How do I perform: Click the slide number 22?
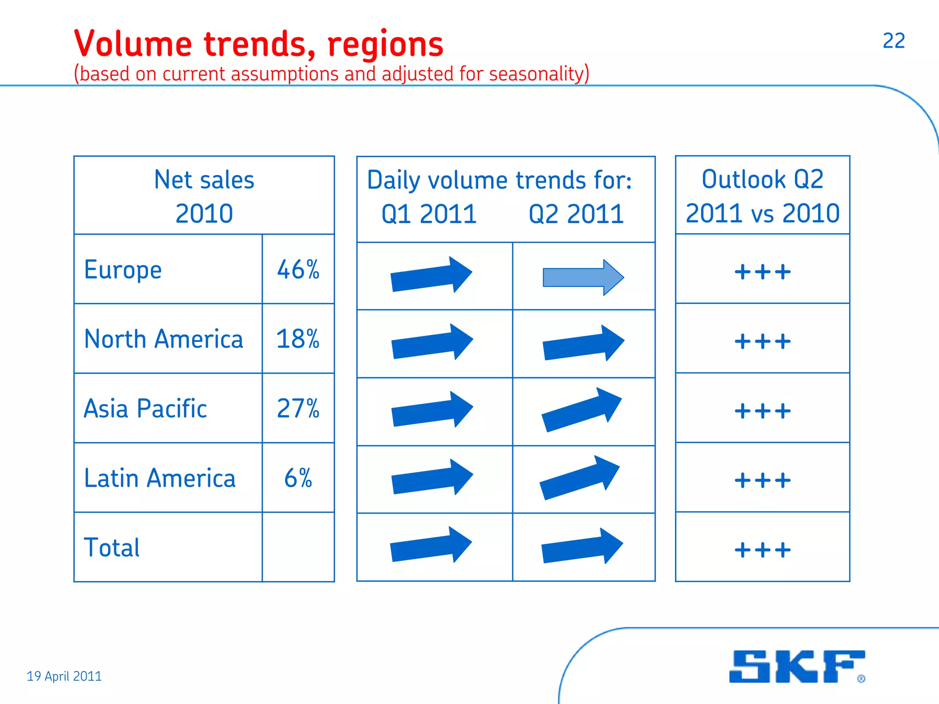pos(894,41)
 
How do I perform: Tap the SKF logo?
pos(796,666)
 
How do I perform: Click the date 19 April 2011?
pos(64,676)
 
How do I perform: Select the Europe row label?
pos(123,269)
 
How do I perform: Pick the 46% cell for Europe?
pos(298,269)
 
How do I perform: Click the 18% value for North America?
pos(298,339)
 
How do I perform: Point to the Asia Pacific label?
pos(145,408)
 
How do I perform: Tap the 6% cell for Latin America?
pos(298,478)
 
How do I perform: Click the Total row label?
pos(112,548)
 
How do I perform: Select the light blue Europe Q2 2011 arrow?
pos(583,277)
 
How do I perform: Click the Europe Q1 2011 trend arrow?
pos(431,275)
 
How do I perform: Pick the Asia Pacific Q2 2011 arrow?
pos(582,409)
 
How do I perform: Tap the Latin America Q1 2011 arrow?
pos(432,477)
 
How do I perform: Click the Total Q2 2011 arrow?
pos(582,546)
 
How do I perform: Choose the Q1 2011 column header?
pos(429,214)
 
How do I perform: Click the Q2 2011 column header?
pos(576,214)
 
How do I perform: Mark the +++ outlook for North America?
pos(762,341)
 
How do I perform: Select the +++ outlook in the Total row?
pos(762,550)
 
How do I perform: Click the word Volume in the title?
pos(133,44)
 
